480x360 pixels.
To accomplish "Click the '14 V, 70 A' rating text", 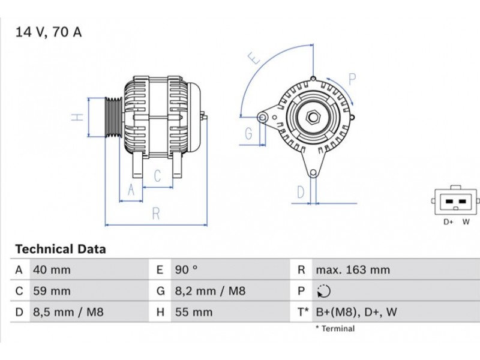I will pos(48,32).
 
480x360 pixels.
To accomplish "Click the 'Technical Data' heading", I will pos(60,249).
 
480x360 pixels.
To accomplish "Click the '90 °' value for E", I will pos(186,270).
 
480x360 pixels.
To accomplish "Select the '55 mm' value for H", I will pos(193,312).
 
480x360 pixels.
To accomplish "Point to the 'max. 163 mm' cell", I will pos(352,270).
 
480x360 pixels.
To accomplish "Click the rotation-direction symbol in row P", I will pos(323,292).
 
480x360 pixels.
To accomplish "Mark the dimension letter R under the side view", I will pos(155,212).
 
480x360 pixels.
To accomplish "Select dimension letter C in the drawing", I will pos(157,175).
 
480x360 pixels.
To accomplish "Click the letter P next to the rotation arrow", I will pos(352,78).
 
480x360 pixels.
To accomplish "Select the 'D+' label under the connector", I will pos(448,222).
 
